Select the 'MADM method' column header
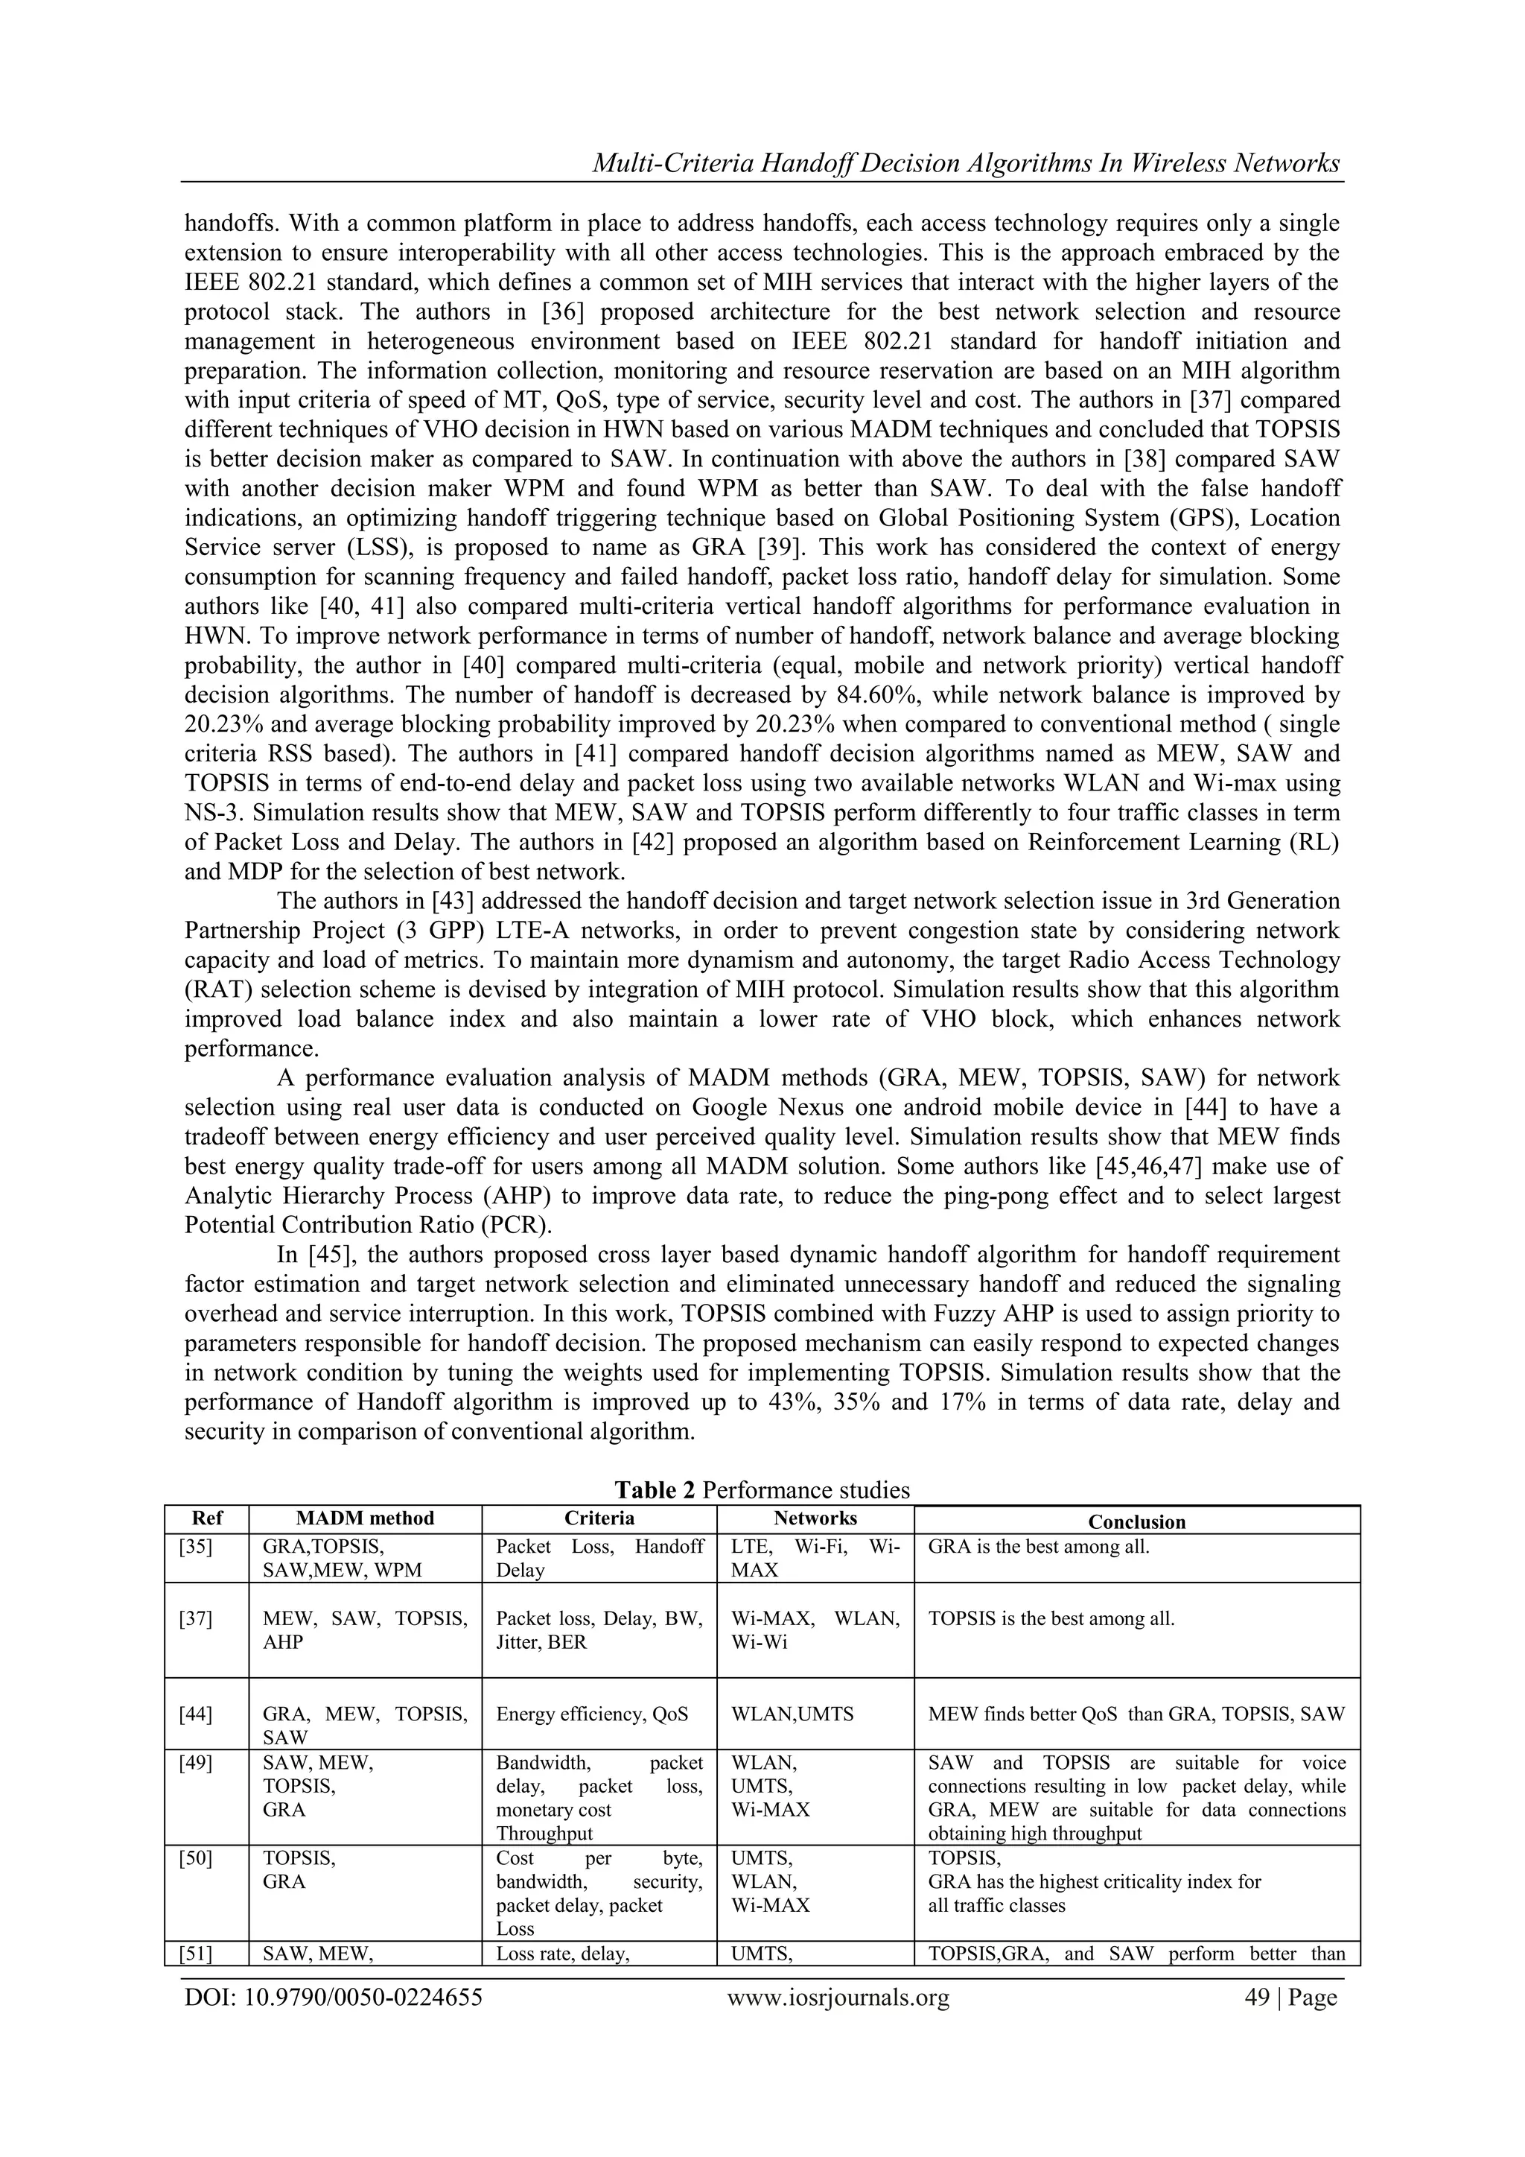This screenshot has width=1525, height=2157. tap(366, 1518)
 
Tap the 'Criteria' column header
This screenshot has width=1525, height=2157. tap(599, 1518)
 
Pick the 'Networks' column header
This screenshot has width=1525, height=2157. tap(815, 1518)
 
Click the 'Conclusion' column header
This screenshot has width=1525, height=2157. tap(1136, 1522)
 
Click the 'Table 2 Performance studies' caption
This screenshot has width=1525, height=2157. tap(762, 1490)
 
